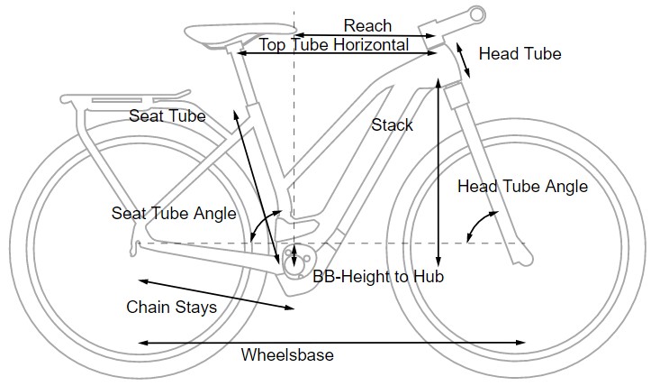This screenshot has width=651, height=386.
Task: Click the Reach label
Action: pos(367,26)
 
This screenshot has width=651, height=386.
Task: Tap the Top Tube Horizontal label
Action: pos(334,44)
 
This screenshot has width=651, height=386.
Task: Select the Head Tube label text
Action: pos(520,54)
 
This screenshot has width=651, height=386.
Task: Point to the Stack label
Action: pos(393,125)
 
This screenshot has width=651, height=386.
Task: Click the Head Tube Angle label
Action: pos(522,187)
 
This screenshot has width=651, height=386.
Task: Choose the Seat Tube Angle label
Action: pos(174,214)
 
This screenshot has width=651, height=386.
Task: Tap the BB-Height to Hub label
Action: pos(378,277)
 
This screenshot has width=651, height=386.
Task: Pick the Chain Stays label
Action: pos(171,308)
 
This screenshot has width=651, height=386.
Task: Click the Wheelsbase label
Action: pos(287,355)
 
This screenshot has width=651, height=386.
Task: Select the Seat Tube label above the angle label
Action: pos(167,116)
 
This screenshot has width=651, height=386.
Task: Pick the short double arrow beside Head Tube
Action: pos(462,58)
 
